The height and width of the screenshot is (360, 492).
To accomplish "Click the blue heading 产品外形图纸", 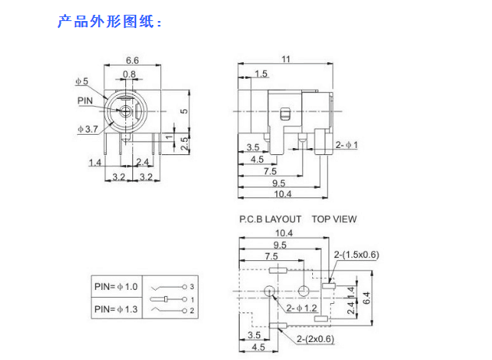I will point(108,21).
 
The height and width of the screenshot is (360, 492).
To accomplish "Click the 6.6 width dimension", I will point(132,60).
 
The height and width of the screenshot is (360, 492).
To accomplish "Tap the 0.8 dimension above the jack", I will point(128,74).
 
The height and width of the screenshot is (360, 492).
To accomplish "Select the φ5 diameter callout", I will point(82,80).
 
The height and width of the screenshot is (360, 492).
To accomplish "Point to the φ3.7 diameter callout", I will point(86,129).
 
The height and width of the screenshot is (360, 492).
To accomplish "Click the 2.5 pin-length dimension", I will point(184,143).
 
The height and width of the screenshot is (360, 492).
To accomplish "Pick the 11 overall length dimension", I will point(286,59).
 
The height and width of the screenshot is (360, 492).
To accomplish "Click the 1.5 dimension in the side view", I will point(260,73).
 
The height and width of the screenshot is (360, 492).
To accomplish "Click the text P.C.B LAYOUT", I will point(270,219).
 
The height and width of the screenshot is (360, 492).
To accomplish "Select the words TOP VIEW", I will point(334,219).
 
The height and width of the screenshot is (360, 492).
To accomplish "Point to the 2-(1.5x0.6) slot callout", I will point(357,256).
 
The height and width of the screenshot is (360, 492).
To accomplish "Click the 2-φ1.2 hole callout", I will point(302,309).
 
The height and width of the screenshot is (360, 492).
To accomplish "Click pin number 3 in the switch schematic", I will point(192,288).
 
